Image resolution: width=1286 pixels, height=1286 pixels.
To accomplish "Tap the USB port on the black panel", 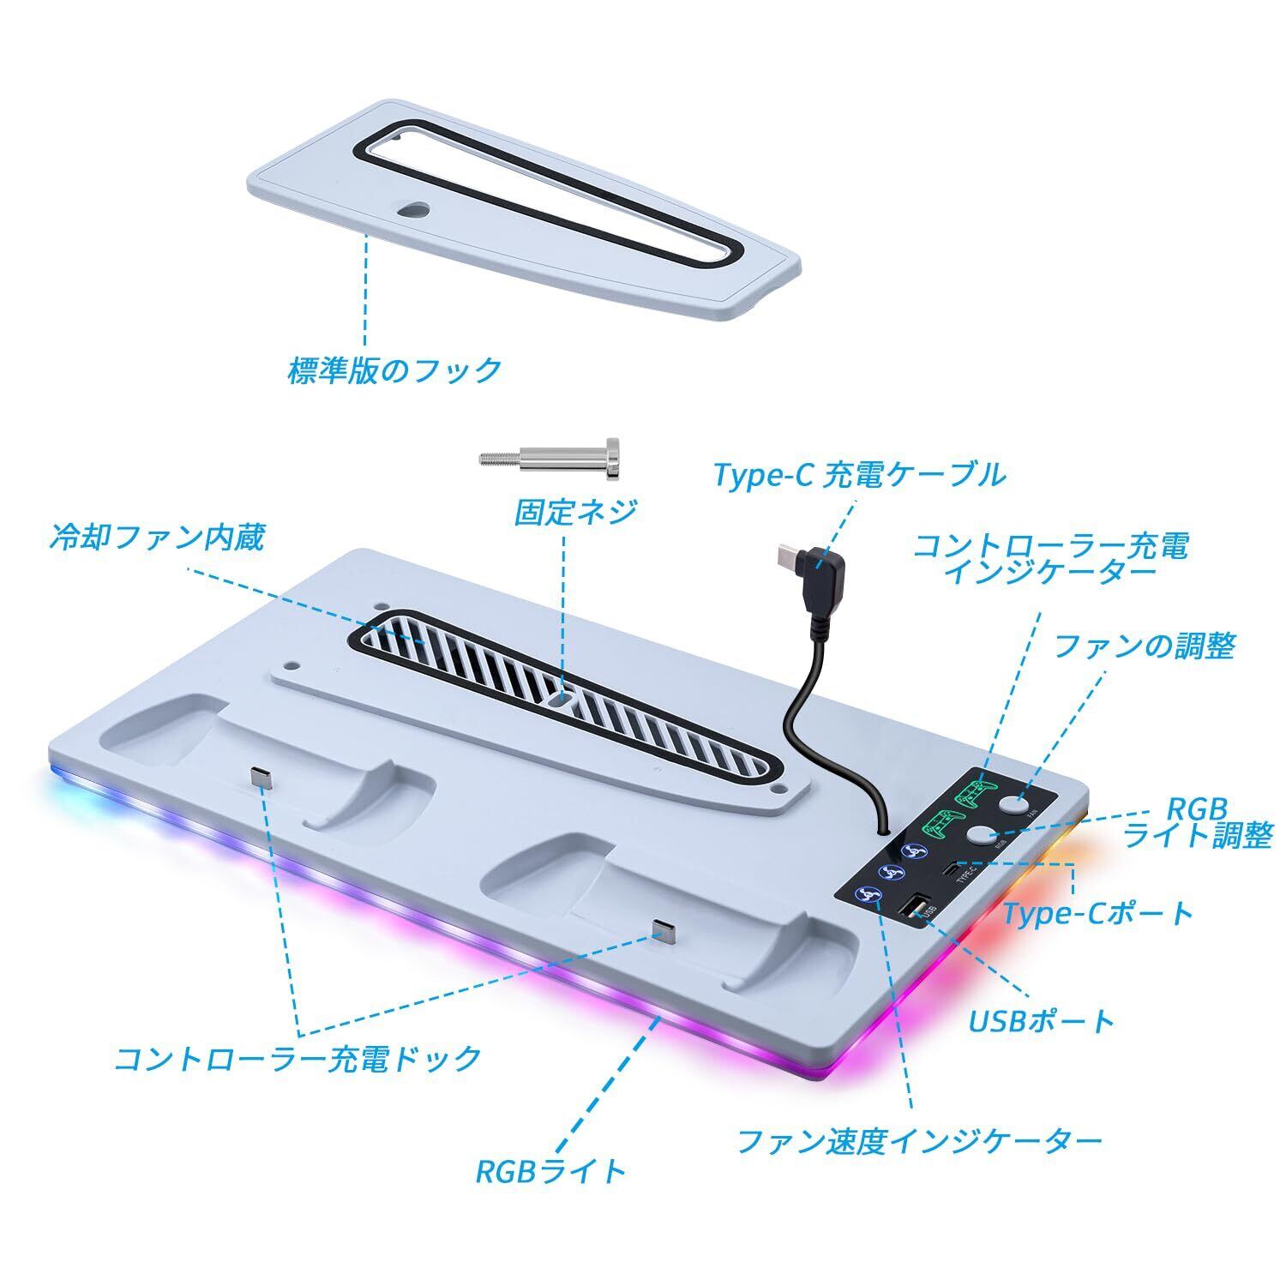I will click(x=915, y=907).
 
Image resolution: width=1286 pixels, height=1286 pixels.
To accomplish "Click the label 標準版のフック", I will click(x=394, y=370).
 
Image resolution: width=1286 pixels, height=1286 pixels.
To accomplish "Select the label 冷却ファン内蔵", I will click(x=157, y=538).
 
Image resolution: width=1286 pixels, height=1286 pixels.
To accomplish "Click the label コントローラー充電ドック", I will click(x=297, y=1057).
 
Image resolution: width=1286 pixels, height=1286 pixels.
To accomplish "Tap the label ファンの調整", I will click(x=1144, y=646).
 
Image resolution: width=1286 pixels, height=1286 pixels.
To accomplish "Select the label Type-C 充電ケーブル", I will click(x=859, y=474).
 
